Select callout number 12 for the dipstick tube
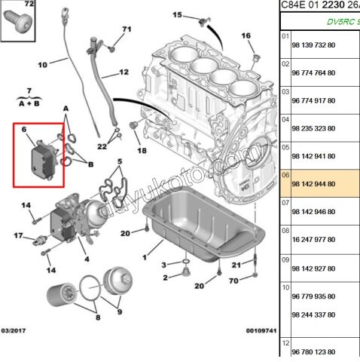(x=124, y=72)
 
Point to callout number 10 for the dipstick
(x=42, y=64)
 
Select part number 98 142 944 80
(x=317, y=184)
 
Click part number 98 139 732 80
(x=317, y=46)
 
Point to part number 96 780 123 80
(x=317, y=351)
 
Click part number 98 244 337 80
(x=317, y=314)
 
